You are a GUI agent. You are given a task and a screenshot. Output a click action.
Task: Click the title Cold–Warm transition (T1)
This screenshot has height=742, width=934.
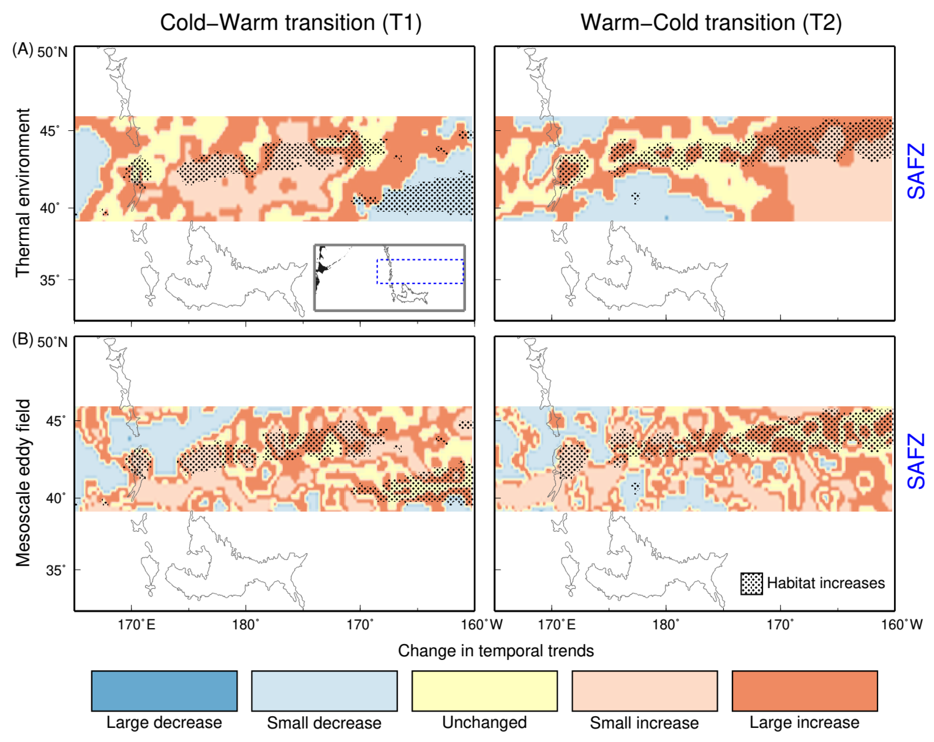tap(291, 22)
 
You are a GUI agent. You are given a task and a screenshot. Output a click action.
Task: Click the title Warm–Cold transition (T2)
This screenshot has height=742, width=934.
tap(711, 22)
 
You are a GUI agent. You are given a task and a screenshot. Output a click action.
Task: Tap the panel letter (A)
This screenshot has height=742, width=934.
tap(22, 49)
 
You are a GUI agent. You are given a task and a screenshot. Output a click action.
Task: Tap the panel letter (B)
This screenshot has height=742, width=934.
tap(22, 339)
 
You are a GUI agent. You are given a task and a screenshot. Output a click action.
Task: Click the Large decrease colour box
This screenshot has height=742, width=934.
tap(164, 691)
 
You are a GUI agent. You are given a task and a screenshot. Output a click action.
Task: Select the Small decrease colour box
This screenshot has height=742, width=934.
tap(324, 691)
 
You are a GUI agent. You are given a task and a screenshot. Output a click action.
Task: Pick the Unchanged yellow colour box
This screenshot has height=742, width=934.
tap(484, 691)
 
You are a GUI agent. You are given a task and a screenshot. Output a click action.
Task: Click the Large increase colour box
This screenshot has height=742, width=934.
tap(805, 691)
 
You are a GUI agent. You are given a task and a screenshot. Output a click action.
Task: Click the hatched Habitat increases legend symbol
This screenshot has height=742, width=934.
tap(751, 584)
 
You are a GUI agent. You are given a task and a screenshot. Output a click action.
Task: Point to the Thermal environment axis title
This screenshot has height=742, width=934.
tap(22, 193)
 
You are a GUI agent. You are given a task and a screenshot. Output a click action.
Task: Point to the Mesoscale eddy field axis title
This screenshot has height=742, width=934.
tap(22, 483)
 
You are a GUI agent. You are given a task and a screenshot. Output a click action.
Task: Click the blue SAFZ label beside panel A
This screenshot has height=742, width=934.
tap(916, 171)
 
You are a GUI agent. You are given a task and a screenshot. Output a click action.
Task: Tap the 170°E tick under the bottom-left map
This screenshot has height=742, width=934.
tap(136, 625)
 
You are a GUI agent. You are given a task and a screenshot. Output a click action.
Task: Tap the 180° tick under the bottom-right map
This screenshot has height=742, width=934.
tap(666, 625)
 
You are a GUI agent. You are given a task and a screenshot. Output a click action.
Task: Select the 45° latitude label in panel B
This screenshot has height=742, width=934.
tap(56, 421)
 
